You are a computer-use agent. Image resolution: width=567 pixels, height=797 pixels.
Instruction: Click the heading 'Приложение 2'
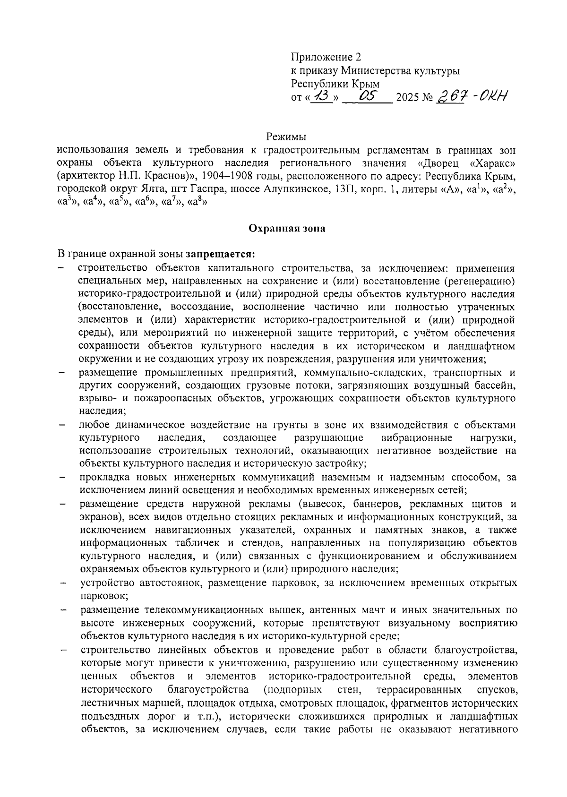point(326,58)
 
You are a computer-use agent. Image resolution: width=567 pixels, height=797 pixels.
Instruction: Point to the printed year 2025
point(407,99)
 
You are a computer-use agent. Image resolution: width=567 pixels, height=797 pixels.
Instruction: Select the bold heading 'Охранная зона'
point(287,229)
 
